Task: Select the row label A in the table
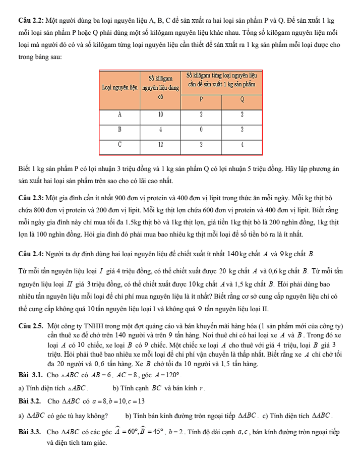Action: (x=119, y=114)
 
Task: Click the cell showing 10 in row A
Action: (x=160, y=114)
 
